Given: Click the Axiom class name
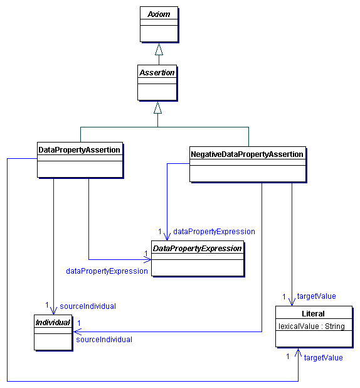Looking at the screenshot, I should (x=159, y=13).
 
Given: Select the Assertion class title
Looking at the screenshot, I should (x=157, y=73).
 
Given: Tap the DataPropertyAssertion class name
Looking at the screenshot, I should (x=79, y=150).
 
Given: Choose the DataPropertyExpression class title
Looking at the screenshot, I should (x=198, y=249).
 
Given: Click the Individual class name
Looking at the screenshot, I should (x=53, y=323).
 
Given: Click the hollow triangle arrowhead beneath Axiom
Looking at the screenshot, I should (x=159, y=49).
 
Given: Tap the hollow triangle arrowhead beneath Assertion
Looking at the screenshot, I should (x=157, y=107).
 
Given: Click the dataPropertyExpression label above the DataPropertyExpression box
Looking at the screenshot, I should (x=214, y=232).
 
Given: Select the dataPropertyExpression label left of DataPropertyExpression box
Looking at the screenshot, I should (x=107, y=271).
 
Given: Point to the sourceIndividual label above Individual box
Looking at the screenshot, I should (x=88, y=306).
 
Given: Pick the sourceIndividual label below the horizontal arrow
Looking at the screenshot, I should (x=104, y=340).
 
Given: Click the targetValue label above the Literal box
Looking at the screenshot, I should (x=316, y=296).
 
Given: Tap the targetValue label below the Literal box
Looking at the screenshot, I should (x=323, y=357).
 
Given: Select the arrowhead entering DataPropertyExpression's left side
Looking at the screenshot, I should (x=147, y=259).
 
